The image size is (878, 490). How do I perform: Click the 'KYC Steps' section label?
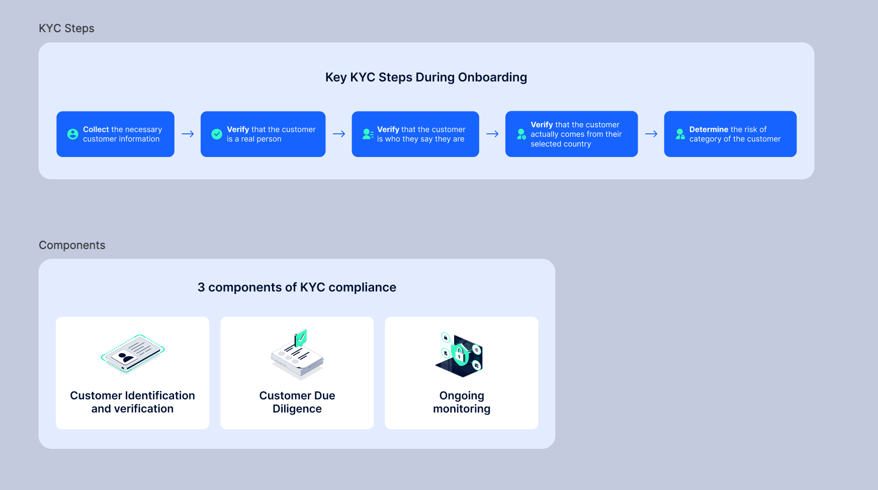(x=66, y=29)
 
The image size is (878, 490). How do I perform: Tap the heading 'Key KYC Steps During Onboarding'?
(x=426, y=77)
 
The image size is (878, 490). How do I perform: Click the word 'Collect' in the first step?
(x=96, y=129)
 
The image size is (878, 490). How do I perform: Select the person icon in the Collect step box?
(x=73, y=134)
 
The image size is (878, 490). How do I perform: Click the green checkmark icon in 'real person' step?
(x=217, y=134)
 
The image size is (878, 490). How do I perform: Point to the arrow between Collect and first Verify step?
(x=188, y=134)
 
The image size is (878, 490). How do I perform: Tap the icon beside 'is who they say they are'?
(x=368, y=134)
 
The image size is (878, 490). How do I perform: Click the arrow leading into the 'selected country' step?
(x=492, y=134)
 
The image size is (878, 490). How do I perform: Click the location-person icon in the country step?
(x=521, y=134)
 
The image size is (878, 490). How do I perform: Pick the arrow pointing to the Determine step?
(x=651, y=134)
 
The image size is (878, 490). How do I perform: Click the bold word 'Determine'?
(x=709, y=129)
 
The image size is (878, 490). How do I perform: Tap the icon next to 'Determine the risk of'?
(x=680, y=134)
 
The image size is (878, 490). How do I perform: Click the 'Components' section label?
(x=72, y=246)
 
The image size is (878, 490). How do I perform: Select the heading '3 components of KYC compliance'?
(x=297, y=287)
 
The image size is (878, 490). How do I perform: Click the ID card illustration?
(x=133, y=354)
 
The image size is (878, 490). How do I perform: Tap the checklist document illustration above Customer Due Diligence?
(x=297, y=355)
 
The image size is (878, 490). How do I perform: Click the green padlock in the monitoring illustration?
(x=460, y=354)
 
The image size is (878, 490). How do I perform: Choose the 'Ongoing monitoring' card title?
(x=462, y=402)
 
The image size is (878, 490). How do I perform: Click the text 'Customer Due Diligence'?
(x=297, y=402)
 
